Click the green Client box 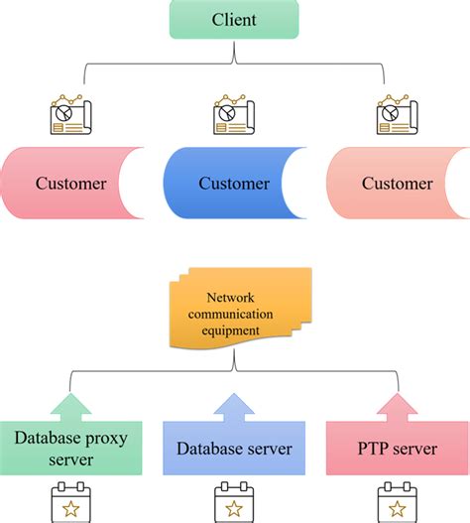(234, 20)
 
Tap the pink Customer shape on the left (69, 184)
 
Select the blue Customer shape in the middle (233, 184)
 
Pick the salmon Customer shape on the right (395, 184)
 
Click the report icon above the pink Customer (69, 116)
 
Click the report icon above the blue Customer (234, 116)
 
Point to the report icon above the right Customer (398, 116)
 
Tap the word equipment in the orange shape (234, 330)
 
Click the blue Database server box (234, 449)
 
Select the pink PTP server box (397, 449)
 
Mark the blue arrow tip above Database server (234, 399)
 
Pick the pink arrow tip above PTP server (398, 399)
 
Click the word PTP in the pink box (373, 449)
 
